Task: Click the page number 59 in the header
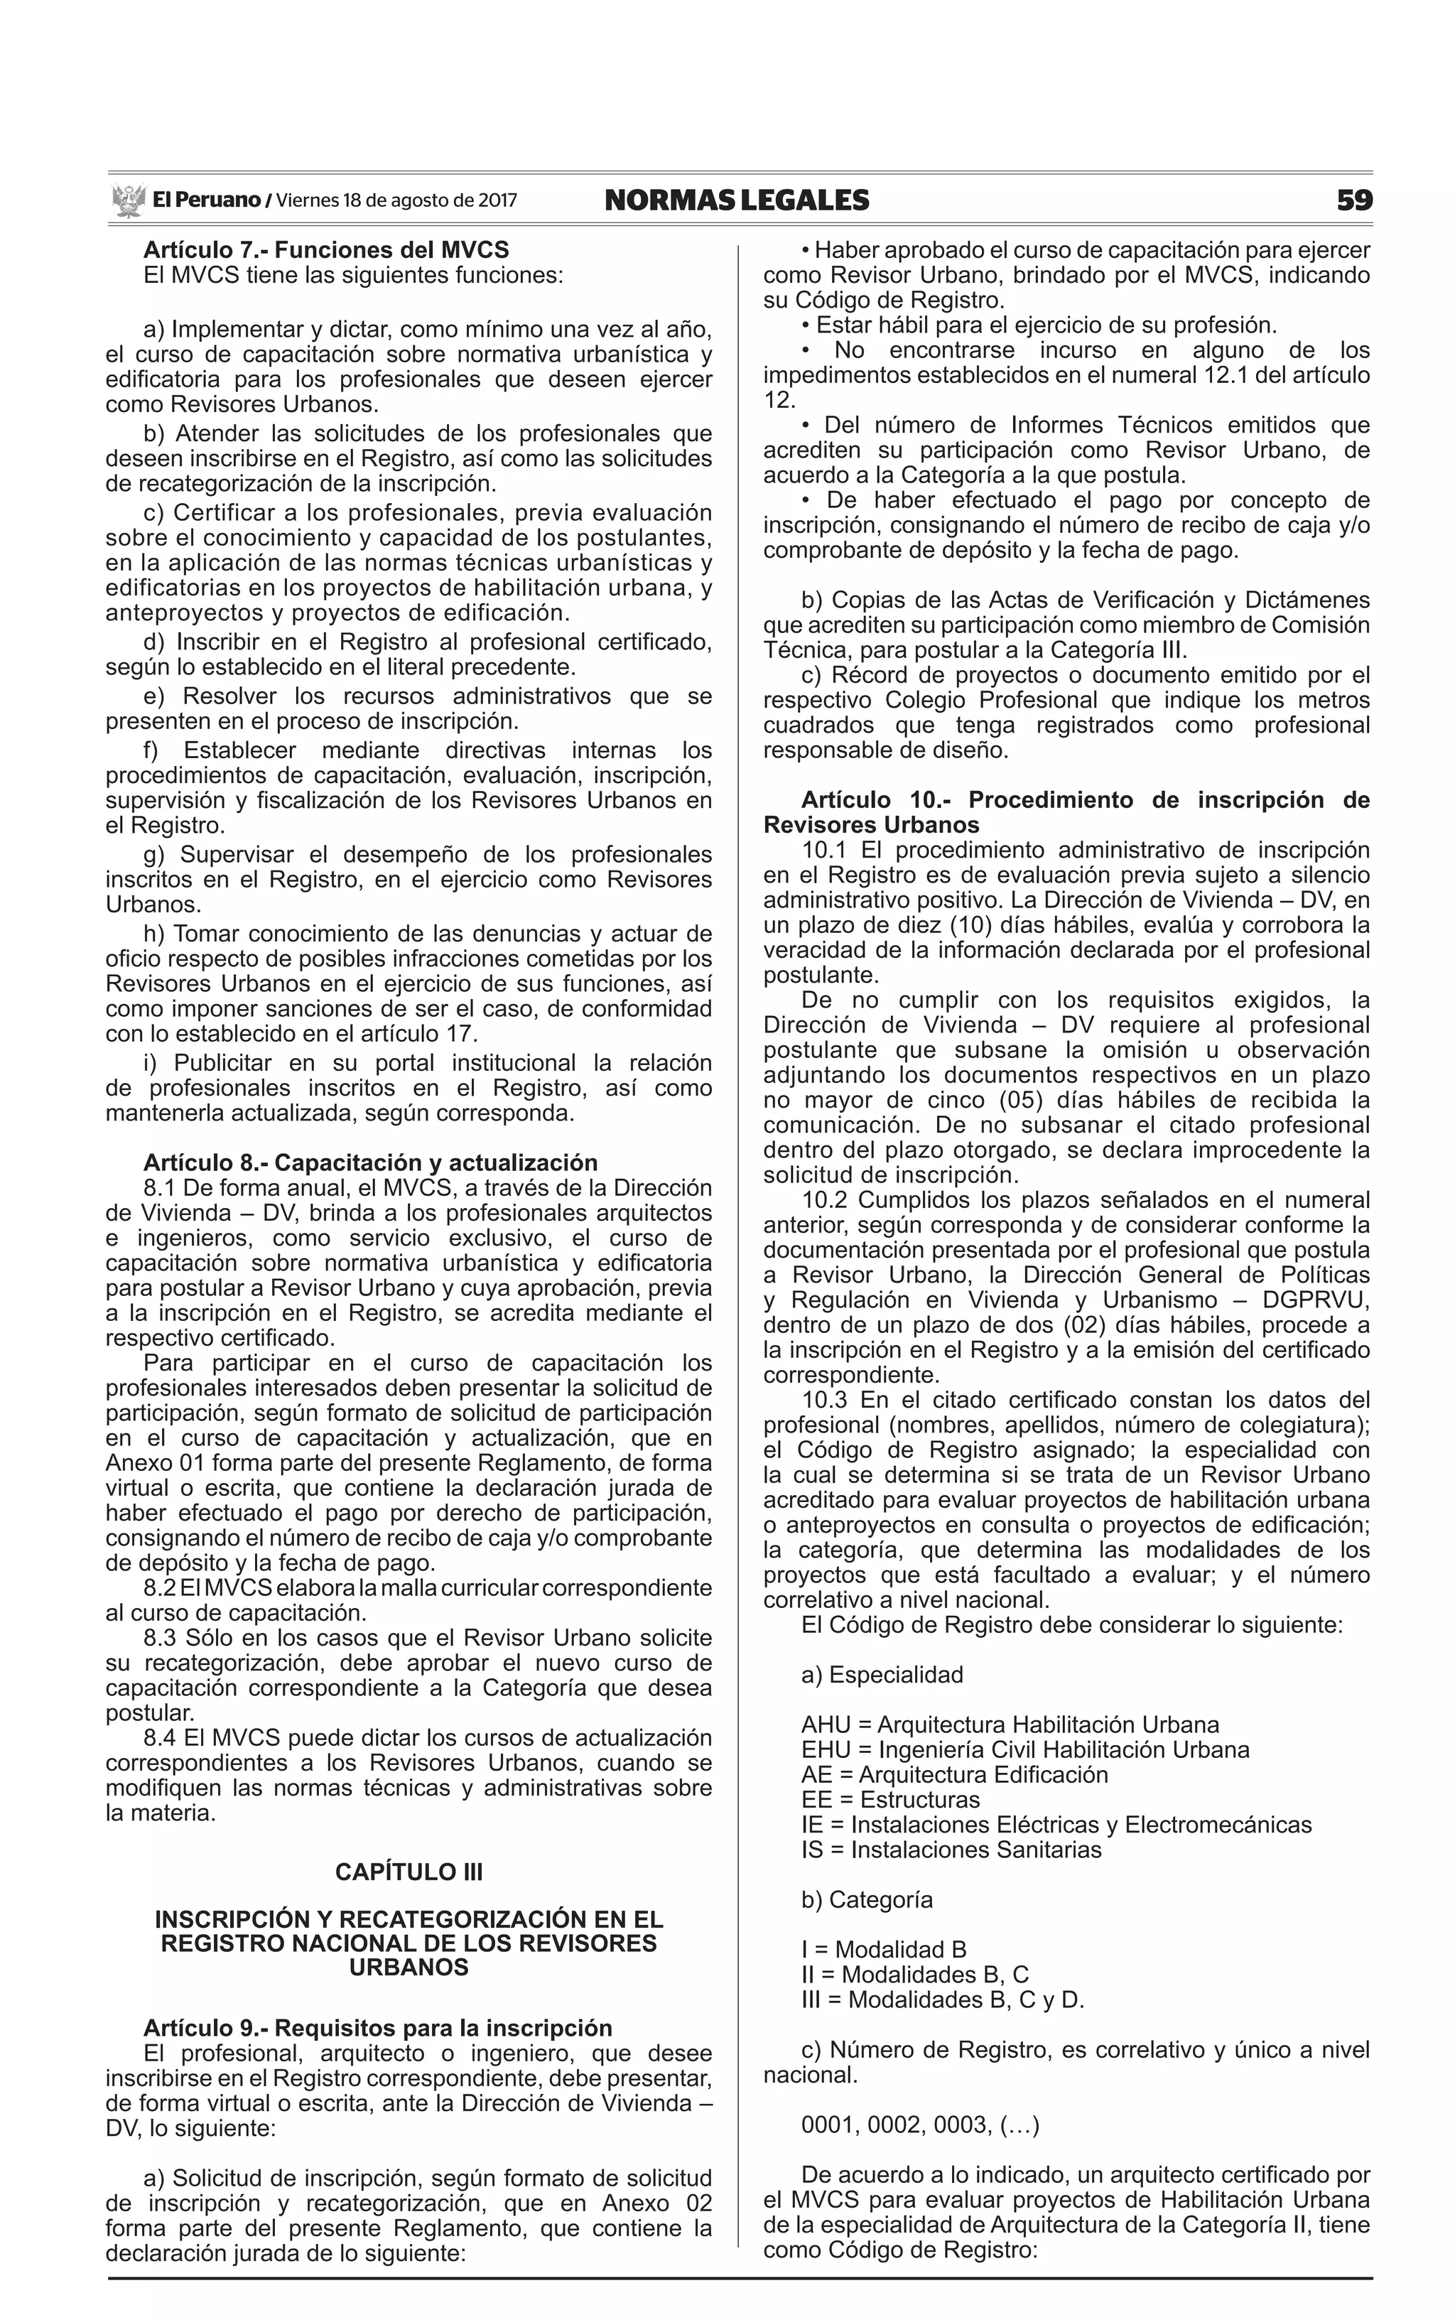(1354, 200)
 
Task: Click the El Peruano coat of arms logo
(128, 201)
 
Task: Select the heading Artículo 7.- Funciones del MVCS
(326, 250)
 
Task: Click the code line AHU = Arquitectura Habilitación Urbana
(1010, 1725)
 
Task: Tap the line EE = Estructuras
(890, 1799)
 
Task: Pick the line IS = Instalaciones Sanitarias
(951, 1850)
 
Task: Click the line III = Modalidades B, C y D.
(942, 2000)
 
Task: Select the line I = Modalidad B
(883, 1950)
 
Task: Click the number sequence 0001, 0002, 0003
(920, 2125)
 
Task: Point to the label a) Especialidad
(882, 1674)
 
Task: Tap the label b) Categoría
(866, 1899)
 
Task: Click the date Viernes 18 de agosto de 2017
(396, 200)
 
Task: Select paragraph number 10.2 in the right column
(825, 1200)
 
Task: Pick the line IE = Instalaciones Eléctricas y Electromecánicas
(1056, 1825)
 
